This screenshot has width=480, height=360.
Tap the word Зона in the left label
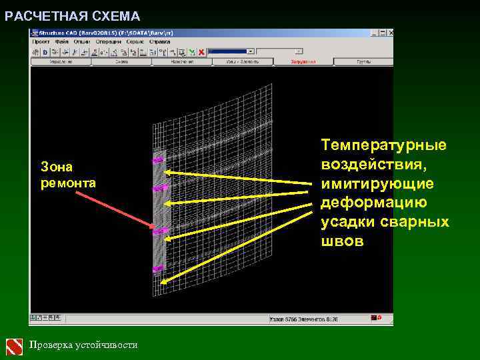point(57,166)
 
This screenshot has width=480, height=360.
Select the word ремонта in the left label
point(69,182)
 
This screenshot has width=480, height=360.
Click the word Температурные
point(383,145)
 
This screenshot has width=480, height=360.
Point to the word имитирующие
point(377,183)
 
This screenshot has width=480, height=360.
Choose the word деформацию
point(375,203)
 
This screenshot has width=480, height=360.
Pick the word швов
point(342,241)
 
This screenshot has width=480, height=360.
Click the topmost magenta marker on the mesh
point(159,161)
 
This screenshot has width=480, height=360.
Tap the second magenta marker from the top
point(160,188)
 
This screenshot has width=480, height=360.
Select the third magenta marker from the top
point(160,231)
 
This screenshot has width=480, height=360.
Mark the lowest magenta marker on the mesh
point(158,269)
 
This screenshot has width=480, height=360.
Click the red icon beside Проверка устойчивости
point(15,346)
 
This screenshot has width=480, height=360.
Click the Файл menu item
point(62,41)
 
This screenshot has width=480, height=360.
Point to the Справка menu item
point(160,41)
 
